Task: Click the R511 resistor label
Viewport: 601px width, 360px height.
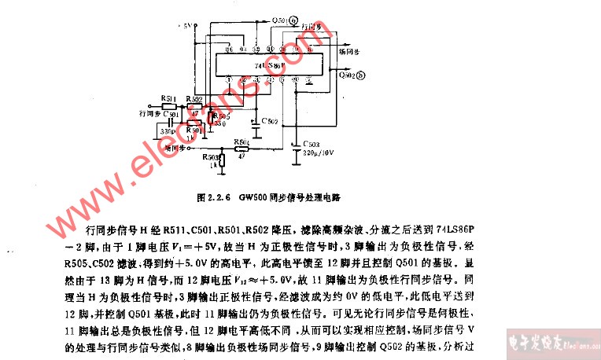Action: (x=168, y=99)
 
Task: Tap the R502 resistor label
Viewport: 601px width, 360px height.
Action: (x=194, y=99)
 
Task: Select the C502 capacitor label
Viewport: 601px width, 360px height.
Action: (x=269, y=121)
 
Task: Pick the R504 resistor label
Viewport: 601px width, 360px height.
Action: (x=241, y=142)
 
